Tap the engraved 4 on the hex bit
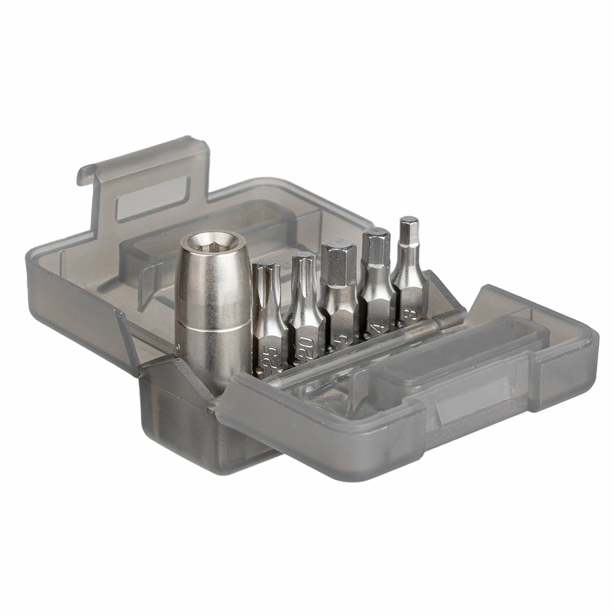(x=378, y=327)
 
